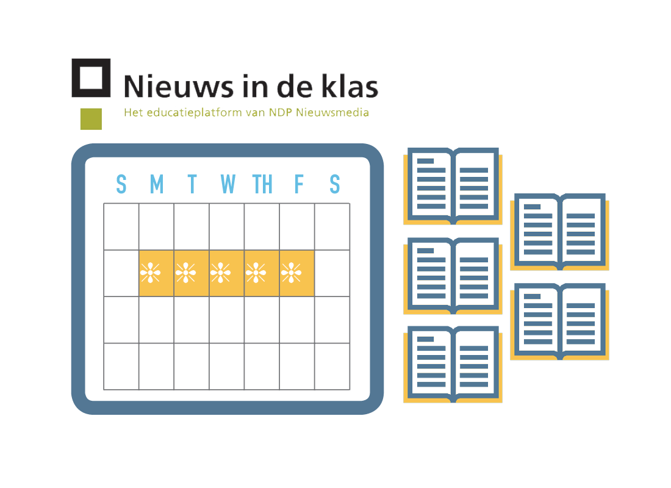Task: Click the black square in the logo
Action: pos(91,78)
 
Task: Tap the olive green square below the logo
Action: pos(91,118)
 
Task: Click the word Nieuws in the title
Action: pos(168,87)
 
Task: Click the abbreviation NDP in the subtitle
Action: pos(279,112)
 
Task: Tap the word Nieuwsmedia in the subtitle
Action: pos(332,112)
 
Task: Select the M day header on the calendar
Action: pos(157,184)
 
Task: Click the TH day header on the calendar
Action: pos(262,184)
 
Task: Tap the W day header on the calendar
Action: pos(228,184)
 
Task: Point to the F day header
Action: pos(299,184)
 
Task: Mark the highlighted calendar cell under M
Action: pos(157,273)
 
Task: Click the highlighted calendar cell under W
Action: pos(227,273)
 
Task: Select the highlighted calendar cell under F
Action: pos(297,273)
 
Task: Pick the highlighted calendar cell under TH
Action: pos(262,273)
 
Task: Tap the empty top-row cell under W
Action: pos(227,226)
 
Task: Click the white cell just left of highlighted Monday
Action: pos(121,273)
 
